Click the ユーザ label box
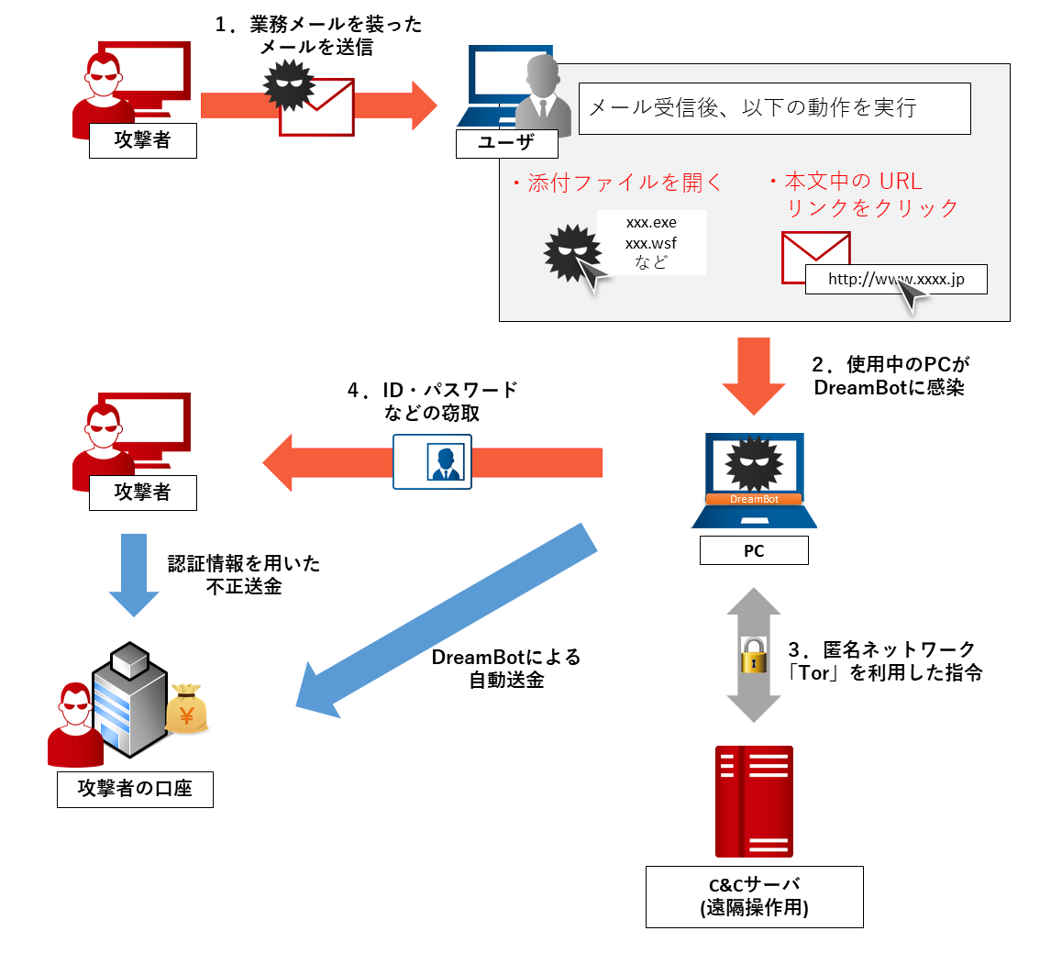tap(506, 143)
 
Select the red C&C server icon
tap(754, 800)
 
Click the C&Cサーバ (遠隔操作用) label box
tap(754, 896)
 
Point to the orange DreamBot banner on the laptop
tap(753, 500)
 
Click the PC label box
tap(754, 550)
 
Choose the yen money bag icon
tap(187, 708)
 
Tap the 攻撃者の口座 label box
tap(135, 789)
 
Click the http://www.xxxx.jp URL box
tap(896, 280)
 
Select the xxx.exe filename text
tap(651, 223)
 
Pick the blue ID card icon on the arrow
tap(433, 461)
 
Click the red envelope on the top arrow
tap(317, 107)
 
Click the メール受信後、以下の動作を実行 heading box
tap(774, 108)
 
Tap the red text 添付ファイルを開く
tap(619, 183)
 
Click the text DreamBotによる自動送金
tap(506, 669)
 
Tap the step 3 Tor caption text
tap(885, 661)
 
